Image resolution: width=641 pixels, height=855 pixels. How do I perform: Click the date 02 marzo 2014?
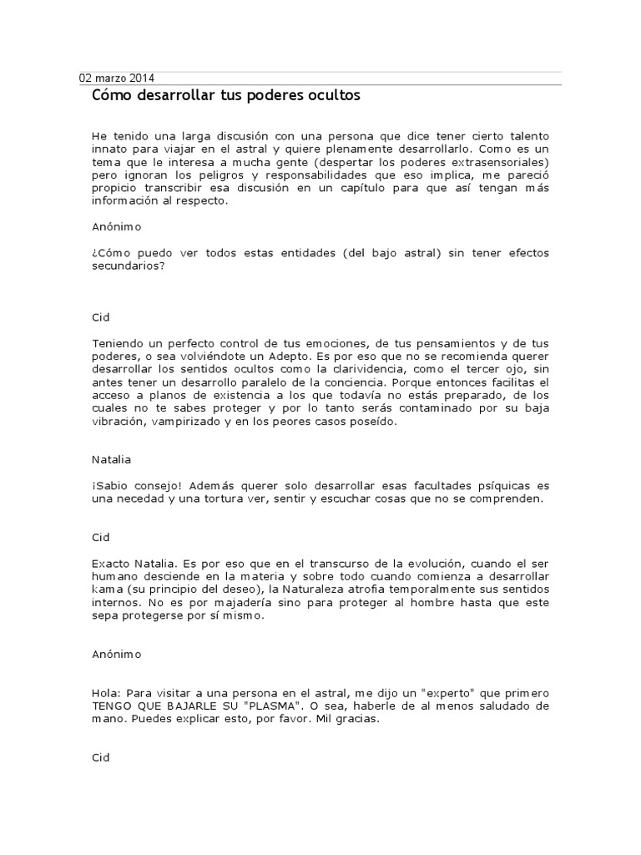(117, 78)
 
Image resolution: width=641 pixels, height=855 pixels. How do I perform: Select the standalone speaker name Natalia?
(111, 459)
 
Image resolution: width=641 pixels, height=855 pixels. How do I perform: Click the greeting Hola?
(106, 694)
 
